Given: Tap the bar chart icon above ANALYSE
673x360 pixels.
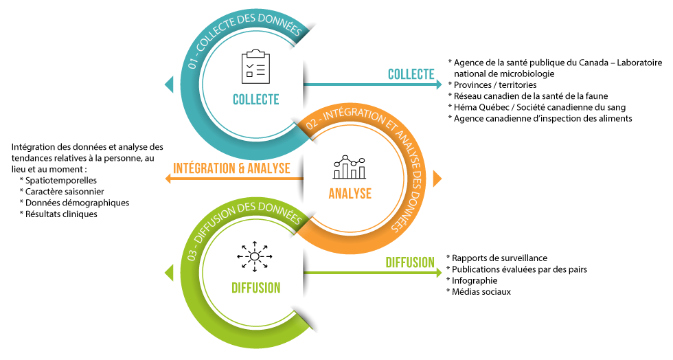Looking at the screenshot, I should point(350,167).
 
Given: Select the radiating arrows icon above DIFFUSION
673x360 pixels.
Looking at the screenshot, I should point(254,256).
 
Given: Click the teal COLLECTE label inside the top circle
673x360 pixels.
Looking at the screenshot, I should point(255,100).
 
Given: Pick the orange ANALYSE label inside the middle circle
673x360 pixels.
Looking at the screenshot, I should point(350,193).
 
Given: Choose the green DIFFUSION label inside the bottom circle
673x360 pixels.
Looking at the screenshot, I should point(255,287).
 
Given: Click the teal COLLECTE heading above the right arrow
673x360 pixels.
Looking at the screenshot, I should point(411,74).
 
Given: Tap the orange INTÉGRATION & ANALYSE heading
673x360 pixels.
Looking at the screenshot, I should point(231,168).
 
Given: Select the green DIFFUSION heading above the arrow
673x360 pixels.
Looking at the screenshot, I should point(409,262).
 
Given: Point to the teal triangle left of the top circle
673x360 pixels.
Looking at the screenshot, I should point(169,85).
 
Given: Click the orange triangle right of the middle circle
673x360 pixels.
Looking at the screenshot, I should point(437,179).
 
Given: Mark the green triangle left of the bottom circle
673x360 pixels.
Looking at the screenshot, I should point(169,273).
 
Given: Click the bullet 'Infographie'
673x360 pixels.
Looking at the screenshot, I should point(475,280).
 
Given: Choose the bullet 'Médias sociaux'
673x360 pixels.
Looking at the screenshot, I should point(481,292).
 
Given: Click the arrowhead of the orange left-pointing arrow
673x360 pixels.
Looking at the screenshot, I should point(168,179).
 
